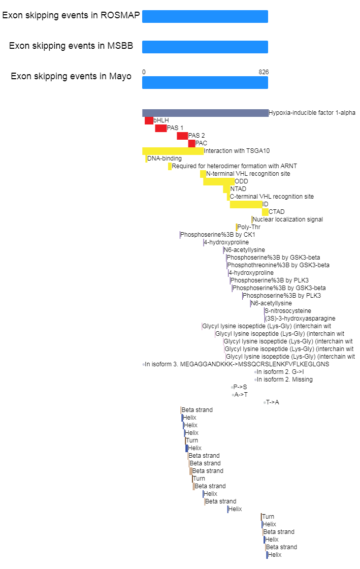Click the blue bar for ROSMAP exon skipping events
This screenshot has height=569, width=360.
pos(205,17)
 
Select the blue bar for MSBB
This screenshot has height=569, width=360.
pos(205,47)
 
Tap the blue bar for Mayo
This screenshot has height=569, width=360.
pos(205,83)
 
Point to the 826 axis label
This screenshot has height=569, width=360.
pos(264,72)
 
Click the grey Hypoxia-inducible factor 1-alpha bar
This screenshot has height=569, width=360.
pos(205,113)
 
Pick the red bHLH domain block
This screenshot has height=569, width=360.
pos(149,120)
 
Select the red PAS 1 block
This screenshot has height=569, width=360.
pos(161,128)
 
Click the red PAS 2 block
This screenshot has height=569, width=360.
pos(182,136)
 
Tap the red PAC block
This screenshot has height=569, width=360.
pos(192,143)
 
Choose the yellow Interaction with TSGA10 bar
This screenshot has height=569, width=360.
pos(173,151)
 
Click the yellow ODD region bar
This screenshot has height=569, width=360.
pos(219,181)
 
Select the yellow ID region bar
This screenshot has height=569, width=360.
pos(246,204)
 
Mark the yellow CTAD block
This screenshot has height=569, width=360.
pos(266,212)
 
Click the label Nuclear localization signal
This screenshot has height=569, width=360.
pos(287,219)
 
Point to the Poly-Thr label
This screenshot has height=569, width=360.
pos(249,227)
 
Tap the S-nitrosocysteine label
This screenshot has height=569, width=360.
pos(288,311)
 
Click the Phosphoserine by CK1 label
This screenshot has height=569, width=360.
pos(217,235)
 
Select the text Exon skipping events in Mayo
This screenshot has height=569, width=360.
pos(71,77)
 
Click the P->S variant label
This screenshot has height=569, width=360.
pos(240,387)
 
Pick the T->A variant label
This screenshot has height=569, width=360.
pos(273,402)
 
